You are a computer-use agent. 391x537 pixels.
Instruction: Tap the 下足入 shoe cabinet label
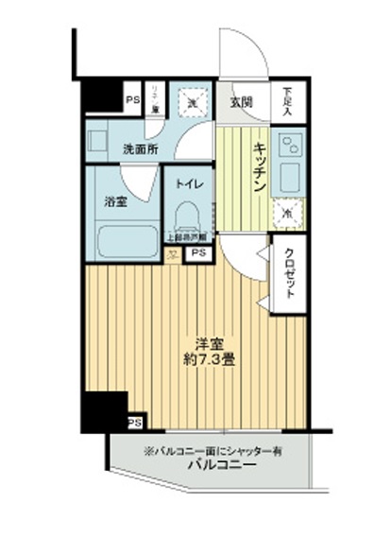click(x=287, y=99)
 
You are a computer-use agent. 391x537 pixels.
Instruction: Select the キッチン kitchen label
click(x=258, y=169)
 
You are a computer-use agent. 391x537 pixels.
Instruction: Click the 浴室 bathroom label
click(x=116, y=202)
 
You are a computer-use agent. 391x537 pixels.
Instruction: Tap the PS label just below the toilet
click(x=197, y=253)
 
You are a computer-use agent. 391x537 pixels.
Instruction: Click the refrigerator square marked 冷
click(x=287, y=214)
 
